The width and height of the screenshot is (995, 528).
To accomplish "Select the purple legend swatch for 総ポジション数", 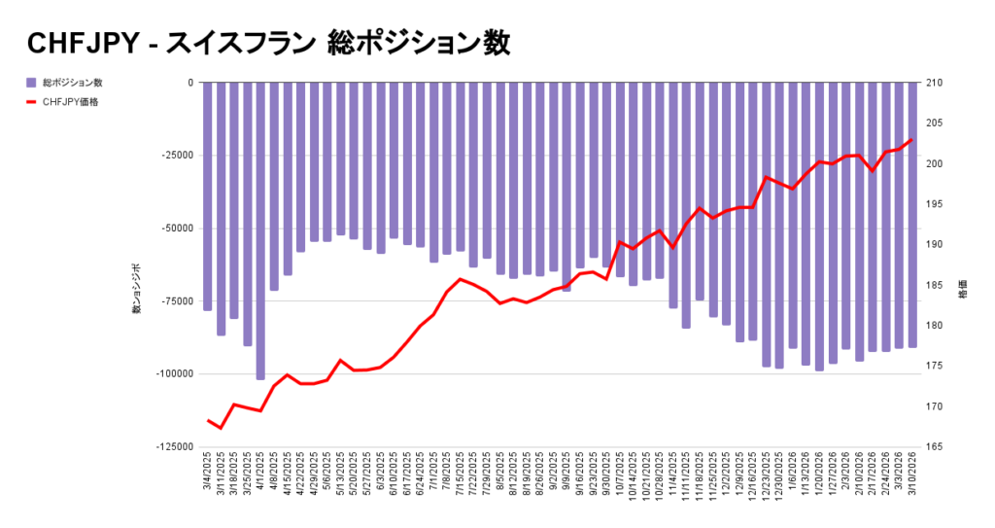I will (x=31, y=83).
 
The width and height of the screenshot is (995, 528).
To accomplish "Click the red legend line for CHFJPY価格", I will (x=31, y=101).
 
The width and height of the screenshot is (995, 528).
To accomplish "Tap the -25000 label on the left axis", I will (x=177, y=156).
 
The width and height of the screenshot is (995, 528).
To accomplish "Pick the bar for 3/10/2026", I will (x=912, y=214).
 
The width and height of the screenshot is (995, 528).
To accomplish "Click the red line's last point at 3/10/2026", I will (x=911, y=140).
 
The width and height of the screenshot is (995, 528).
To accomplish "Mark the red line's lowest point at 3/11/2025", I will (x=221, y=428).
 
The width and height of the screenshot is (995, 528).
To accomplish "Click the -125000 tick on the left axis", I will (x=174, y=446).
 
